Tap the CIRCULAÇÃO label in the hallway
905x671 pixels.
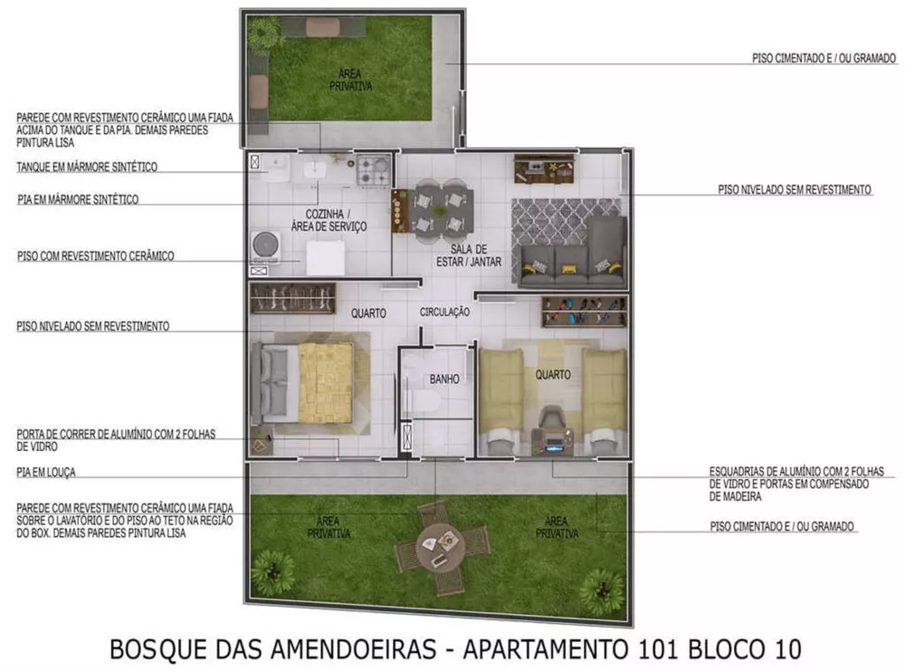click(444, 312)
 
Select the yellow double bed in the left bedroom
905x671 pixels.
click(325, 382)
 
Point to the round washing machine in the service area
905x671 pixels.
click(266, 244)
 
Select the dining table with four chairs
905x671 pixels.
click(443, 210)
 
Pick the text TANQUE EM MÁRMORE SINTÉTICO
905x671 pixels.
click(87, 167)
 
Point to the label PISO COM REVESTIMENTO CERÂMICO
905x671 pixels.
click(95, 256)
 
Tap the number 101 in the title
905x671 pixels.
click(659, 649)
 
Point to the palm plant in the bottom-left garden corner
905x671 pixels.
click(272, 571)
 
